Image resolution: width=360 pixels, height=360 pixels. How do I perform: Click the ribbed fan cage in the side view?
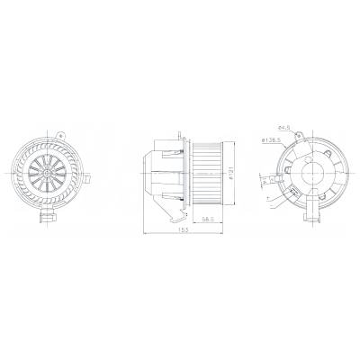coord(207,172)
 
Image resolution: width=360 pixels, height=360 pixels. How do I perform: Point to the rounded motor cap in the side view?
coord(151,171)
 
